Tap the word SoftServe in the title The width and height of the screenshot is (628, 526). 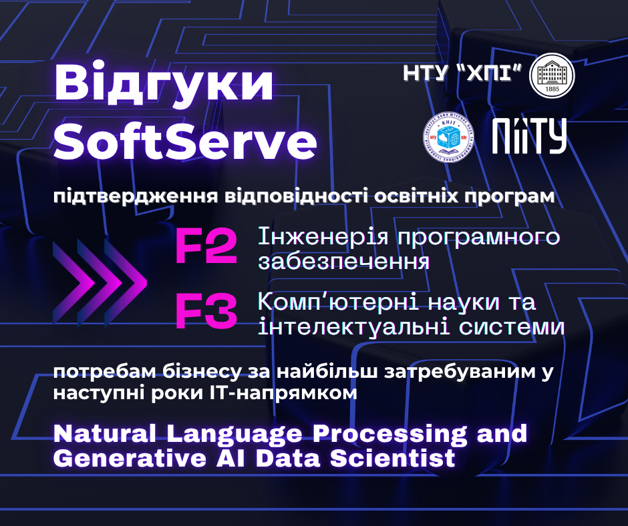(x=186, y=142)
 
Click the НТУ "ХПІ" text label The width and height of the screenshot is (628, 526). (x=462, y=73)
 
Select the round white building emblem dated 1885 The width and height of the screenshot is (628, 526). (x=552, y=75)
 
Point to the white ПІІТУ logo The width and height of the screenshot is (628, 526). (x=529, y=136)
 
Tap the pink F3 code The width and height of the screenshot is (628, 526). (x=206, y=312)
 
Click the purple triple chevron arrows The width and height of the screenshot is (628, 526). (x=100, y=282)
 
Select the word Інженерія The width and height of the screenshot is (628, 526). (x=323, y=236)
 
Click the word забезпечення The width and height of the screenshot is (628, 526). (x=344, y=262)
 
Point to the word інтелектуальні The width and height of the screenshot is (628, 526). (x=349, y=327)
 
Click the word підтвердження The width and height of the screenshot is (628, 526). (x=136, y=196)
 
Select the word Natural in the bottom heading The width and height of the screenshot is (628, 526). (x=104, y=433)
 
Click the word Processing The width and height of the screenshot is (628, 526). (x=389, y=435)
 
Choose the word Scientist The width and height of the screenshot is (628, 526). (x=393, y=459)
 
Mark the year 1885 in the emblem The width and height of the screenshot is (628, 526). (x=552, y=89)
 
